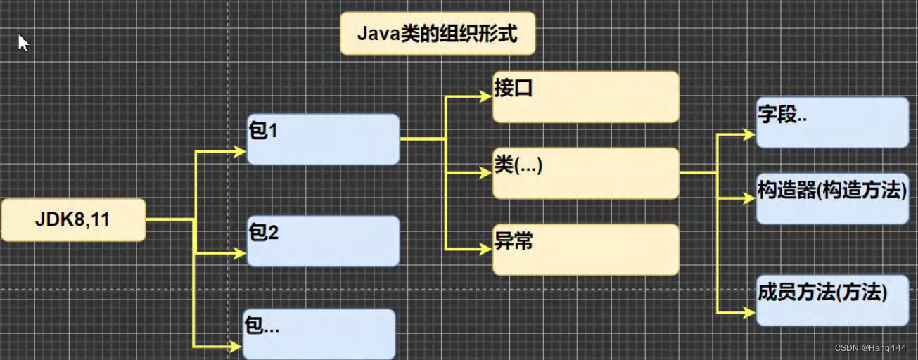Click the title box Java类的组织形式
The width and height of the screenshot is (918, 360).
pyautogui.click(x=438, y=33)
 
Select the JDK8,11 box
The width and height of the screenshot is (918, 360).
pyautogui.click(x=73, y=220)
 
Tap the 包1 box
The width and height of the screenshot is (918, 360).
pyautogui.click(x=323, y=139)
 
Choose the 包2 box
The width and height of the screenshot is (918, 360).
pyautogui.click(x=323, y=241)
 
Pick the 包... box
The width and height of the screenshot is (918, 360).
pyautogui.click(x=319, y=334)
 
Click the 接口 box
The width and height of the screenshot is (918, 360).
pyautogui.click(x=585, y=97)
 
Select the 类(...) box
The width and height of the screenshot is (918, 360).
pyautogui.click(x=585, y=173)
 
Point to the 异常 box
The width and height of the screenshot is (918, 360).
pyautogui.click(x=585, y=250)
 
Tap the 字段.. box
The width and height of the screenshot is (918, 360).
pyautogui.click(x=832, y=122)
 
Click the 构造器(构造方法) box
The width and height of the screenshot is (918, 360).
pyautogui.click(x=832, y=198)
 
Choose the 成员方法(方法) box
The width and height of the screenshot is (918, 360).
pyautogui.click(x=832, y=300)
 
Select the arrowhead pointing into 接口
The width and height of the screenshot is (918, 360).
pyautogui.click(x=485, y=96)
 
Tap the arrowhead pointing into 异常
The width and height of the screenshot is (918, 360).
pyautogui.click(x=485, y=248)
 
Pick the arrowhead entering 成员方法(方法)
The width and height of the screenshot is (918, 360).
pyautogui.click(x=749, y=311)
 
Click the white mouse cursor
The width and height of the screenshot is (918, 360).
pyautogui.click(x=23, y=42)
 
